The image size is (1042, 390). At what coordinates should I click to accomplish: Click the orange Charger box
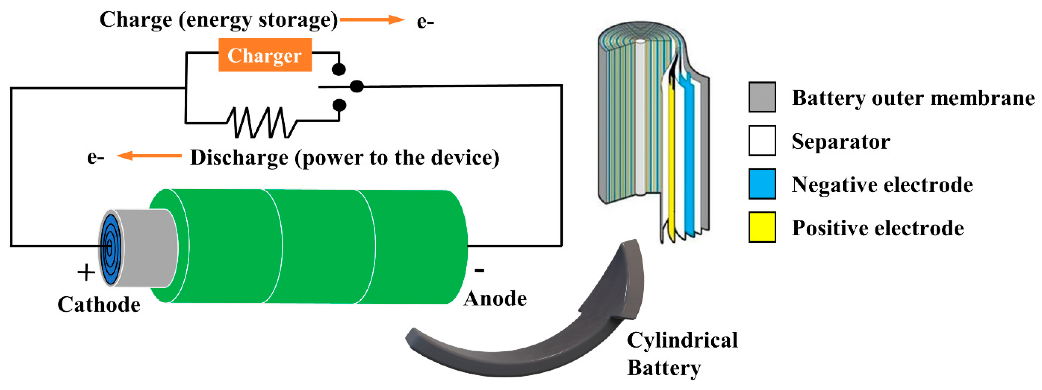pos(265,55)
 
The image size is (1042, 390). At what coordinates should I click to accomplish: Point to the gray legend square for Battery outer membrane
pos(762,97)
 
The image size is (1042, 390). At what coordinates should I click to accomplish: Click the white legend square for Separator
pos(762,141)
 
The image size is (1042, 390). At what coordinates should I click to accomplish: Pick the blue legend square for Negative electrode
pos(762,184)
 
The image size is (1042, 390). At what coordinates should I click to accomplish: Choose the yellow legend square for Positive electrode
pos(762,227)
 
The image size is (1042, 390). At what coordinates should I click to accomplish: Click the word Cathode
pos(99,304)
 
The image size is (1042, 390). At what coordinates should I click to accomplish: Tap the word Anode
pos(495,299)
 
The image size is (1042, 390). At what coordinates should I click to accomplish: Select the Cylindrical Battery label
pos(682,354)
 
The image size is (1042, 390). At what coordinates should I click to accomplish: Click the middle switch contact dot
pos(356,86)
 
